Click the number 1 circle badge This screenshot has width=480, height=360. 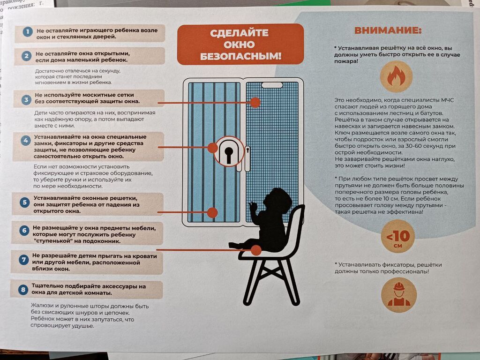[x=28, y=32]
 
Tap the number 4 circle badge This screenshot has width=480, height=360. [x=26, y=141]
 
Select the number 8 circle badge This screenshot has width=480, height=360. [x=23, y=289]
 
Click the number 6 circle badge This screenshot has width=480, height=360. [x=24, y=231]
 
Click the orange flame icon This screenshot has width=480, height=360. [x=396, y=76]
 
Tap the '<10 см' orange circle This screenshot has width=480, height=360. [x=398, y=236]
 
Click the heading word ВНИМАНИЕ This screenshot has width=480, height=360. [x=388, y=30]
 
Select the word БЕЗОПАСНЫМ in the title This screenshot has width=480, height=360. [x=240, y=56]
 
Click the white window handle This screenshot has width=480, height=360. [x=247, y=158]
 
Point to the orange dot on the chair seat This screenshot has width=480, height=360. [x=256, y=250]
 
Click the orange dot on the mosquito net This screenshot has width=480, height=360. [x=255, y=103]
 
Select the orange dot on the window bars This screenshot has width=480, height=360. [x=212, y=212]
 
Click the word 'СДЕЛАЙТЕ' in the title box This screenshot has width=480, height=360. [x=239, y=33]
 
